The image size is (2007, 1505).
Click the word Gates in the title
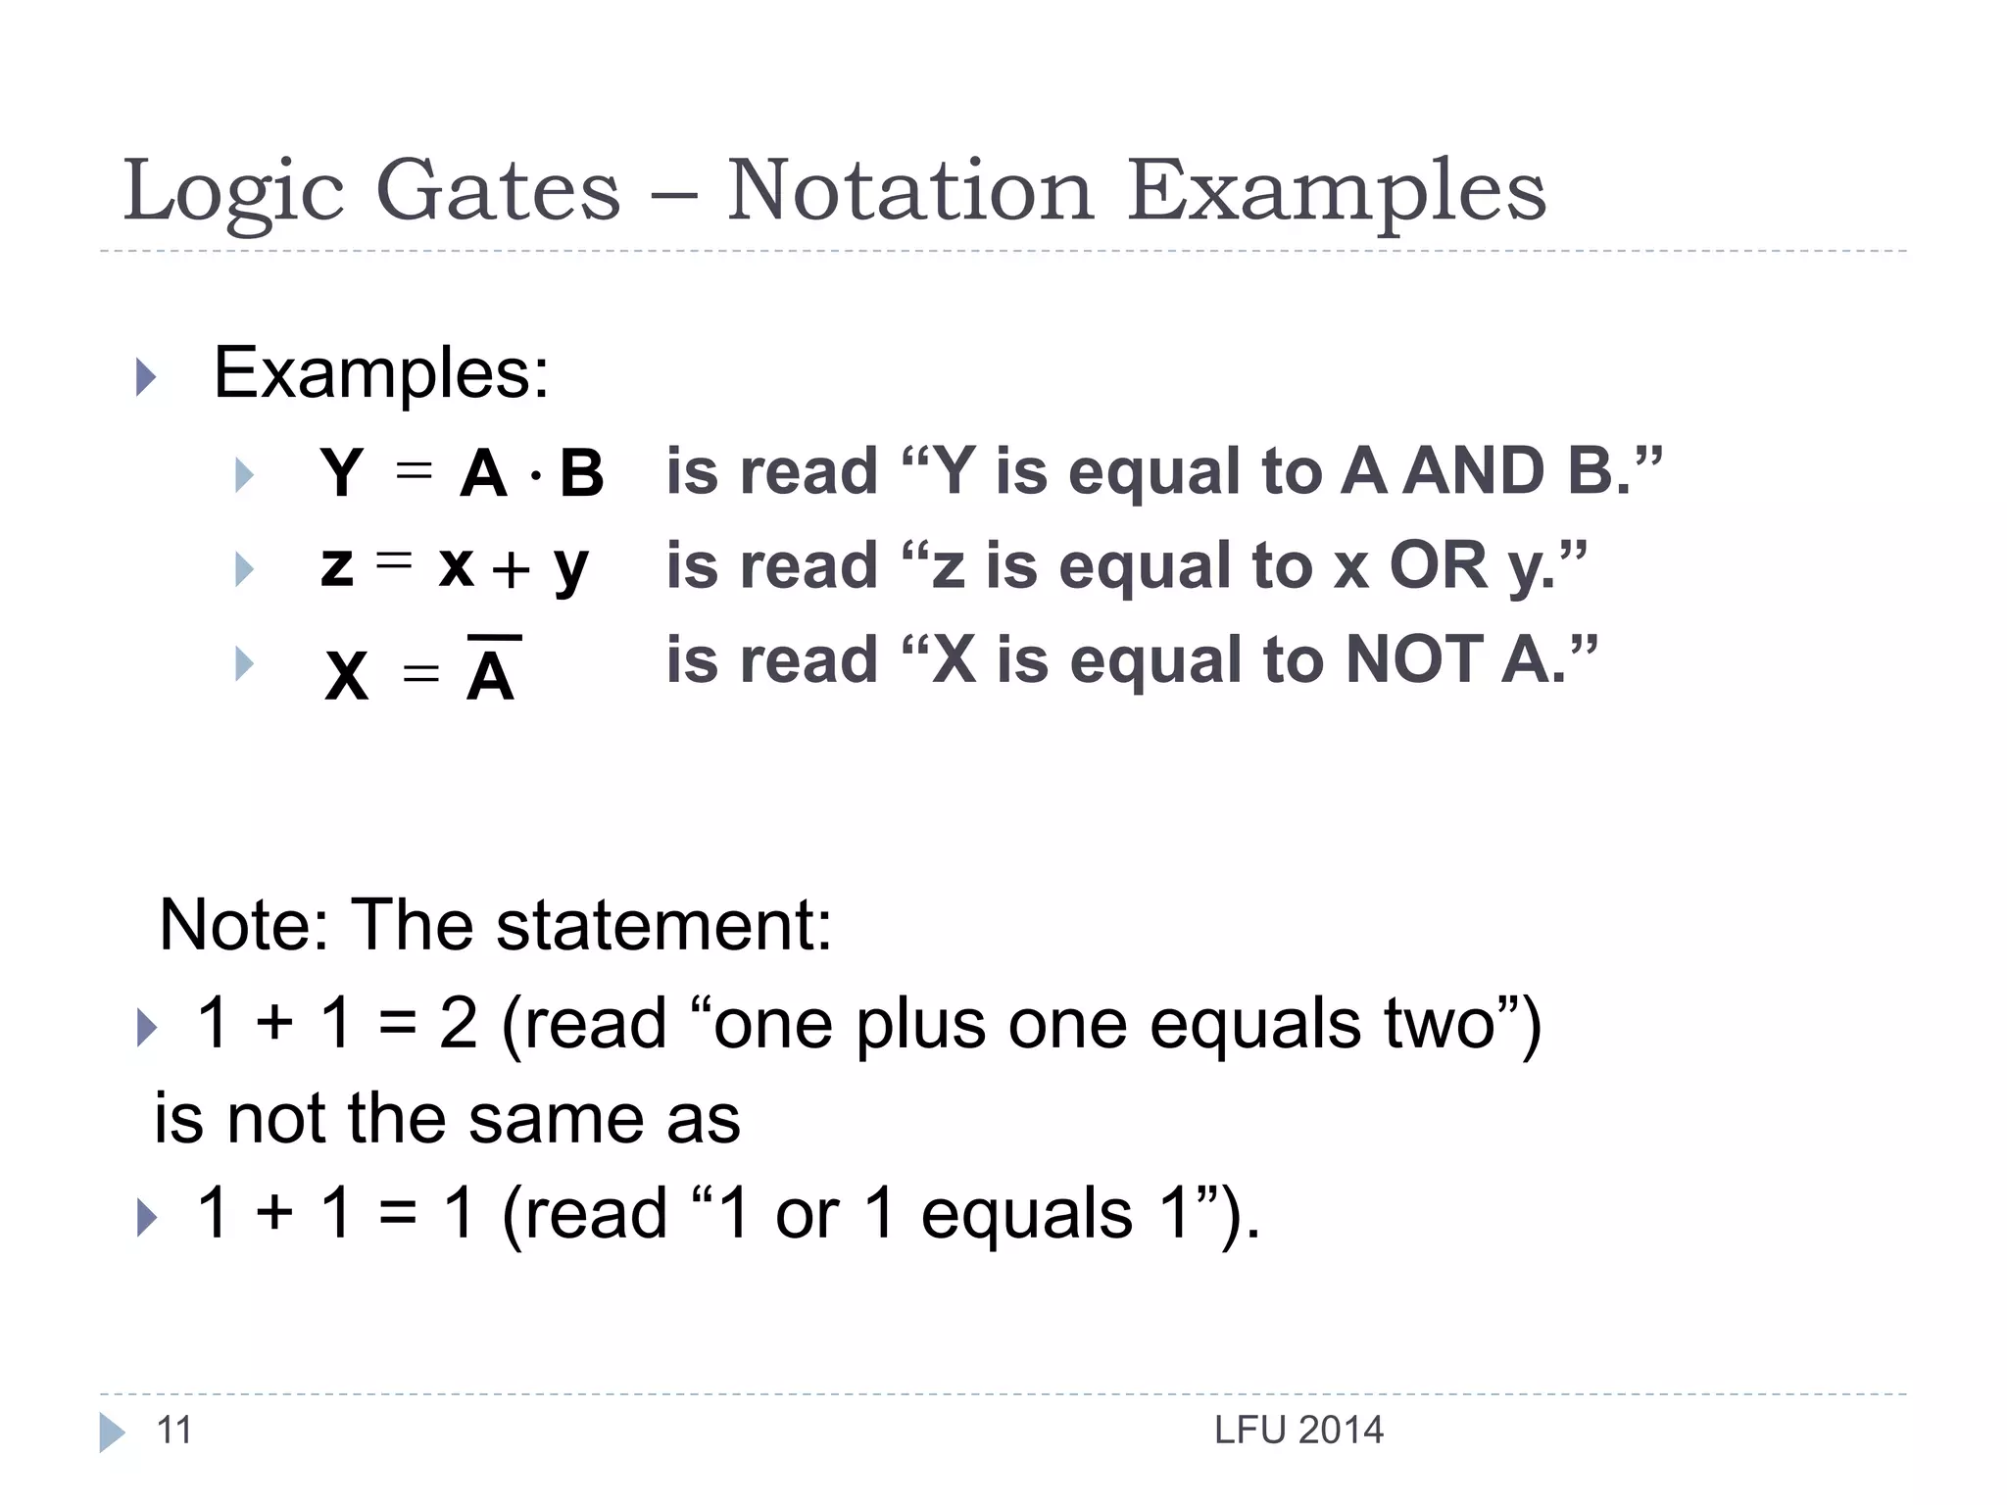coord(498,191)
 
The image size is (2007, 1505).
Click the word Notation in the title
coord(909,191)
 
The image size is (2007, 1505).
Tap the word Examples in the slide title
coord(1336,191)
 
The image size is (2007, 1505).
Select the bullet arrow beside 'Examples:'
coord(146,377)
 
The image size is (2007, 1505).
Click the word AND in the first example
coord(1475,471)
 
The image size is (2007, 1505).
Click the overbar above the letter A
coord(494,639)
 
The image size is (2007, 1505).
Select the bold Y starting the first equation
coord(342,474)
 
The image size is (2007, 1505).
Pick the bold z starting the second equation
coord(336,567)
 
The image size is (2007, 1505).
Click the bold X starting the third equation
coord(347,676)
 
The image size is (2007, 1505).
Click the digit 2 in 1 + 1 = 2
coord(459,1023)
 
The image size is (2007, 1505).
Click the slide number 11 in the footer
coord(174,1431)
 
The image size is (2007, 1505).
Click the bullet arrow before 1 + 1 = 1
coord(147,1218)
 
